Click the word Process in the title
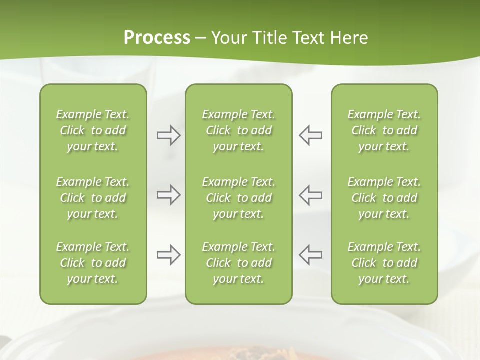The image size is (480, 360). click(x=157, y=38)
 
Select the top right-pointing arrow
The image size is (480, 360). click(x=168, y=135)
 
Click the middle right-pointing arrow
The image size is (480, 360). click(x=168, y=195)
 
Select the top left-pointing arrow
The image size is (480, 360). click(x=311, y=135)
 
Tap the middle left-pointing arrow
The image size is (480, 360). click(x=311, y=195)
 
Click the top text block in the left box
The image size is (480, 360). click(x=93, y=130)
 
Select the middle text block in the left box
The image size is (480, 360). click(x=93, y=198)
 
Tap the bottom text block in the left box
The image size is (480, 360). click(x=93, y=263)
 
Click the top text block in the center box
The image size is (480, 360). click(x=239, y=130)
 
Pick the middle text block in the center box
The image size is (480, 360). click(x=239, y=198)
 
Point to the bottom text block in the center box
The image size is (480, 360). click(x=239, y=263)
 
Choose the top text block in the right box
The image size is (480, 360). click(x=384, y=130)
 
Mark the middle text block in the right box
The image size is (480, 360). click(x=384, y=198)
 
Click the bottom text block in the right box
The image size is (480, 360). click(x=384, y=263)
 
